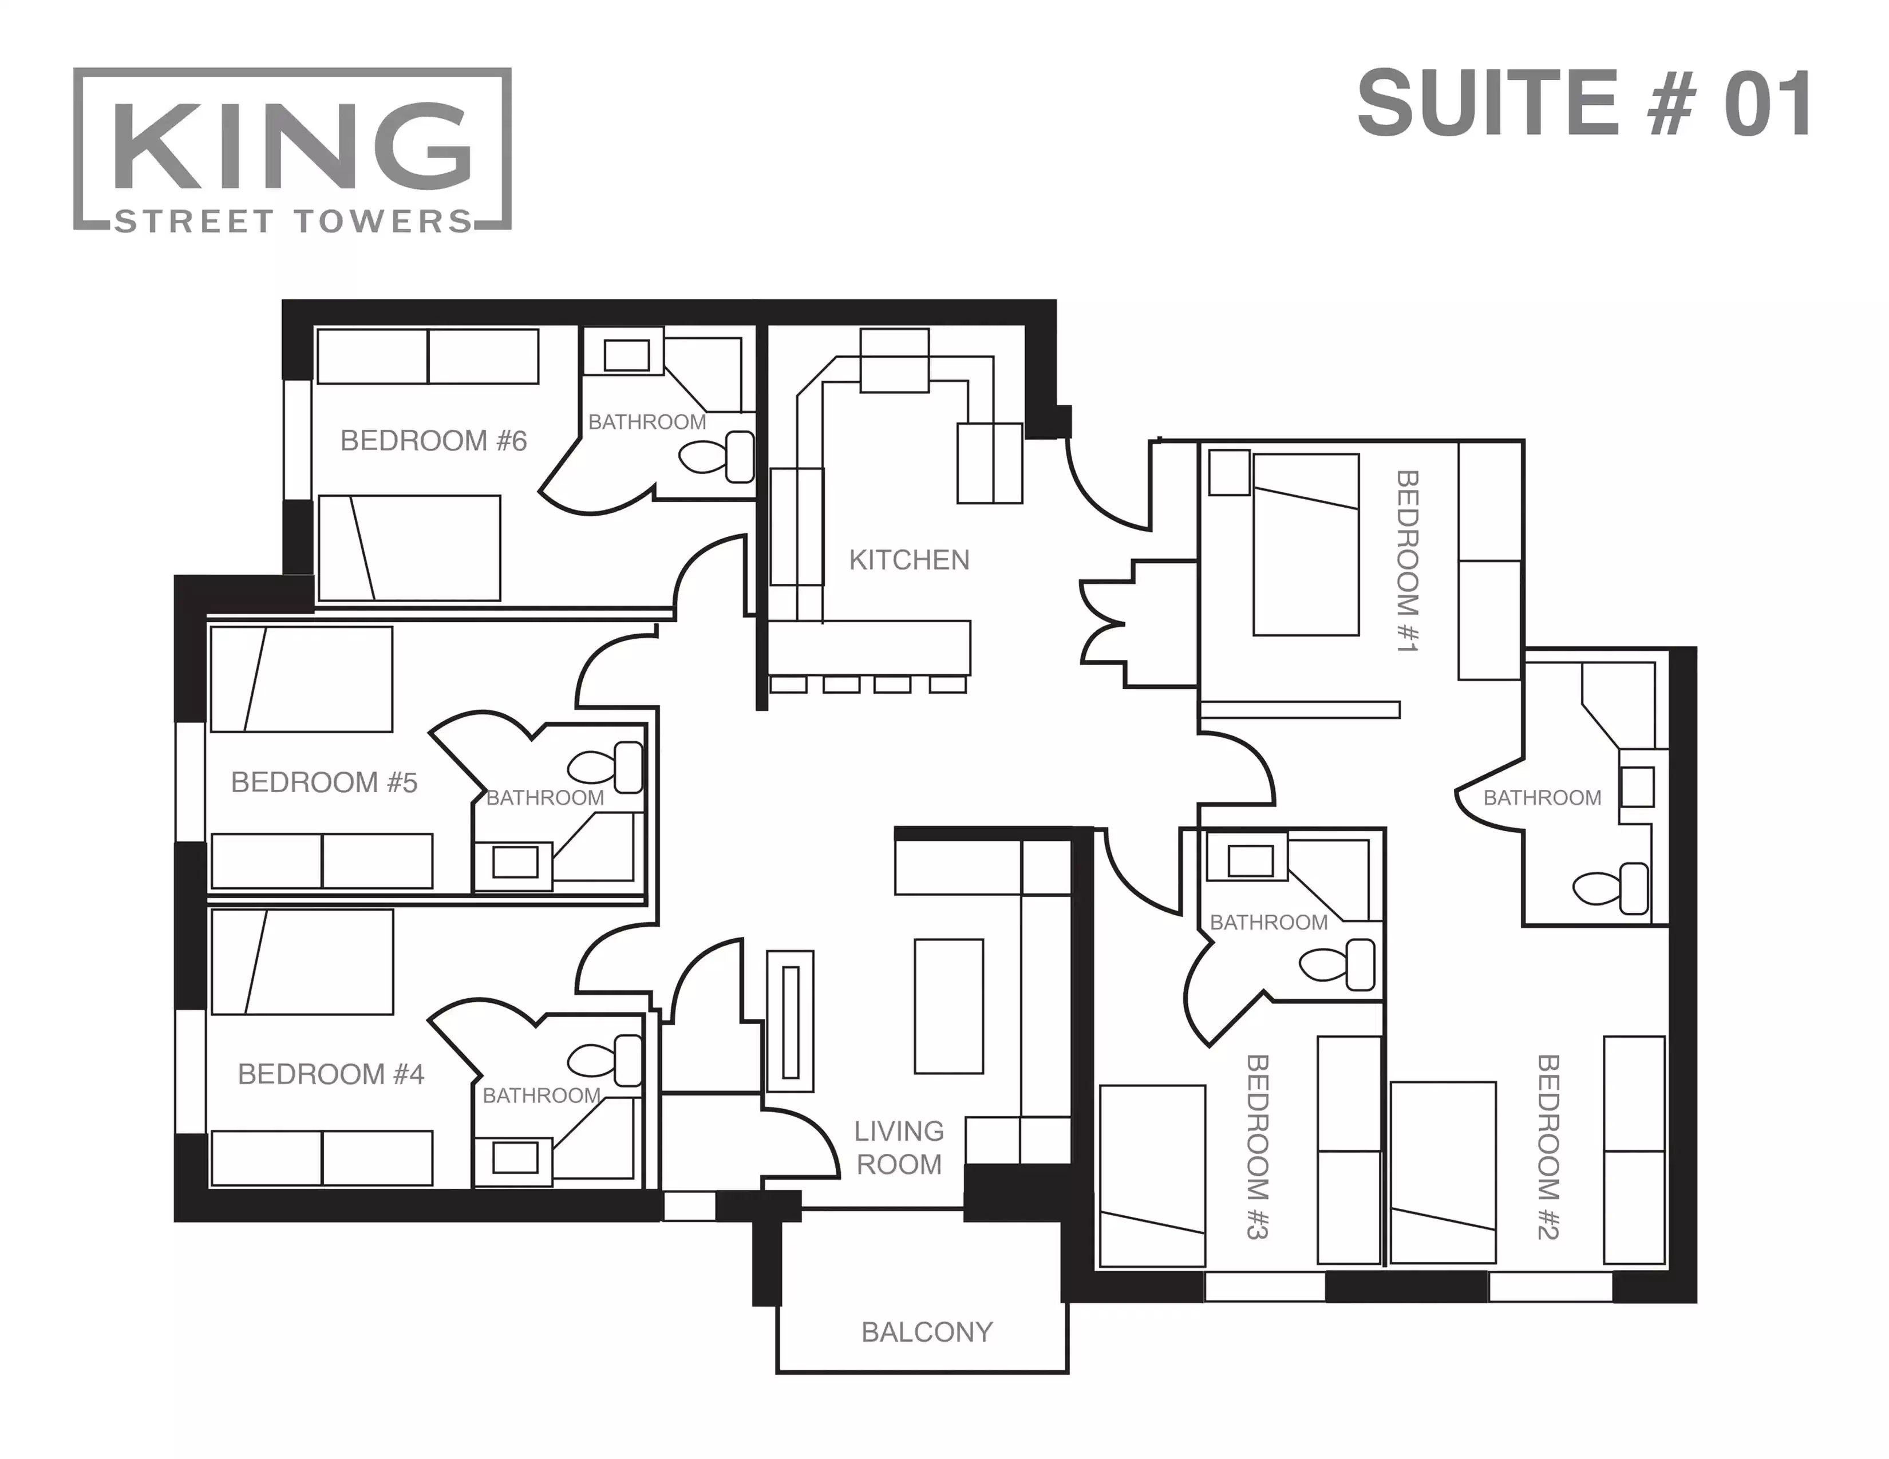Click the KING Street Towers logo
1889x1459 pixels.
click(293, 149)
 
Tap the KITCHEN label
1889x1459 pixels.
click(908, 560)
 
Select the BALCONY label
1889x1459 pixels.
click(926, 1332)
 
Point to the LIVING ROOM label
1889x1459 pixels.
click(899, 1148)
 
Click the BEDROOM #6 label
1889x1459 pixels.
click(433, 441)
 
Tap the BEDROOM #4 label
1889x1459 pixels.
click(330, 1074)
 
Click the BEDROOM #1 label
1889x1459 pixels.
click(1407, 560)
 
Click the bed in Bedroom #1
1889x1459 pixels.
click(1305, 545)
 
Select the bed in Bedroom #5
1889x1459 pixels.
click(301, 680)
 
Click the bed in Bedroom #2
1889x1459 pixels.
click(1443, 1172)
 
